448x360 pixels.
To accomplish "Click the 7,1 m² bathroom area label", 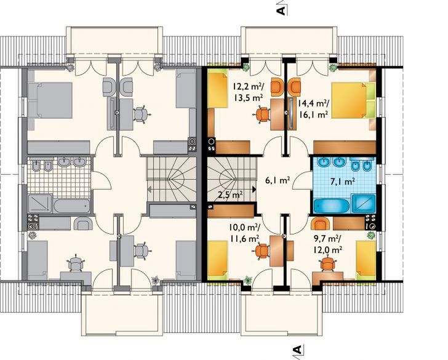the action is [x=343, y=181].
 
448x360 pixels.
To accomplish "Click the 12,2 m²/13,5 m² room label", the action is [x=249, y=90].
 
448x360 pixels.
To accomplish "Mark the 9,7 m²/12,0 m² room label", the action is [x=328, y=245].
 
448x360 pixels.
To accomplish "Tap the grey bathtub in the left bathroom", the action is [x=72, y=206].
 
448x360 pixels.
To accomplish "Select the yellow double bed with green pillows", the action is [x=353, y=100].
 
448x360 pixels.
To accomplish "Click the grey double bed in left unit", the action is [x=50, y=100].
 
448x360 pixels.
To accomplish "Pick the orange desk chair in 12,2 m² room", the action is [x=262, y=114].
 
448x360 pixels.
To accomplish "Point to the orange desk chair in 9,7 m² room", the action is [x=327, y=265].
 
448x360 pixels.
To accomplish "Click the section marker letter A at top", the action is [x=281, y=10].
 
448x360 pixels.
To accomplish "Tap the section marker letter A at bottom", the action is [x=297, y=350].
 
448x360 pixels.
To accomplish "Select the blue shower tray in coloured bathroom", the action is [x=364, y=204].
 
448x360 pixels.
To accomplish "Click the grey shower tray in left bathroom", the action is [x=40, y=204].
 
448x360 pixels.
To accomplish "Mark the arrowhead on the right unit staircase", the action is [x=254, y=189].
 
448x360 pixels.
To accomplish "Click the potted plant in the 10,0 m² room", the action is [x=248, y=280].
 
